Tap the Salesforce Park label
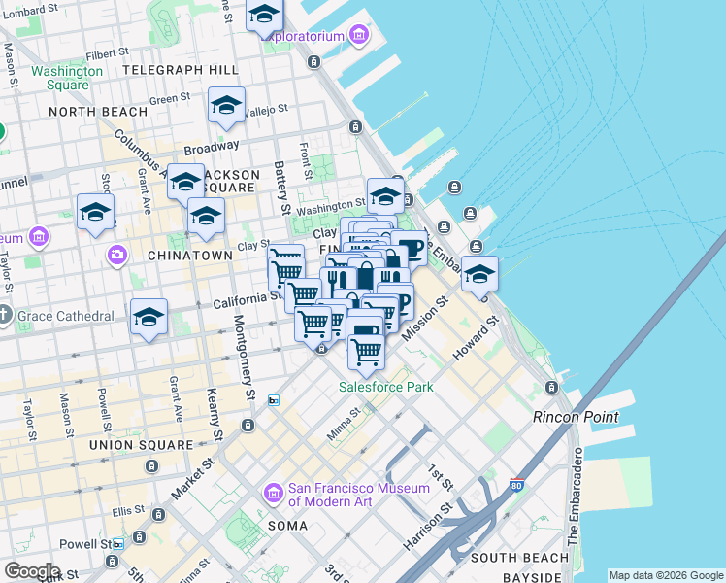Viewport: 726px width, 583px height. coord(385,387)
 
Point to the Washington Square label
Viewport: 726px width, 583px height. coord(67,78)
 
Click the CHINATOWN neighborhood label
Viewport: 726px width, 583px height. coord(190,255)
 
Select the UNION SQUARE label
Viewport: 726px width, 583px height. coord(141,445)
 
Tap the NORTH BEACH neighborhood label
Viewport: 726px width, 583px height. coord(98,112)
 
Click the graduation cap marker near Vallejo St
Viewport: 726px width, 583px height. coord(226,106)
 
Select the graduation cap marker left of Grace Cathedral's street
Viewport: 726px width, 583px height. coord(148,317)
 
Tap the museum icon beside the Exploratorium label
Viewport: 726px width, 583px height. coord(359,37)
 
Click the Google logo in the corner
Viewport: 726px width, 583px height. coord(32,571)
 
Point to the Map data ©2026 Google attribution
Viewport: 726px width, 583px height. coord(666,575)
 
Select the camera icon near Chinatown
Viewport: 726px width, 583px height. coord(117,255)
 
